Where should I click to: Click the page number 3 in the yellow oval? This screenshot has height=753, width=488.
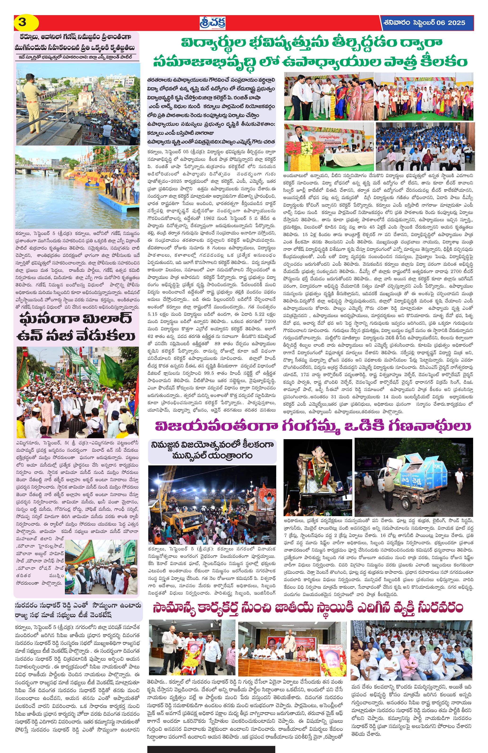point(22,23)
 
